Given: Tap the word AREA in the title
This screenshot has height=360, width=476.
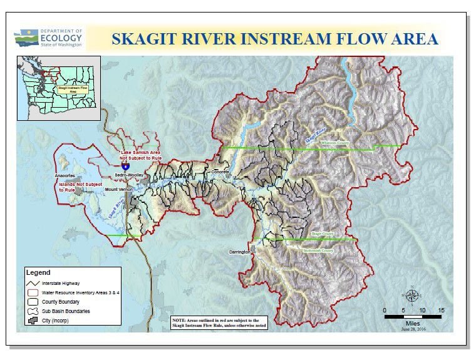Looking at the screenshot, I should pos(410,39).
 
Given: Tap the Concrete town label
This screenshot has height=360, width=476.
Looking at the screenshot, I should pos(220,172).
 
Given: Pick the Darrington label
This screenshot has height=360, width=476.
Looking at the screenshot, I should pos(239,252).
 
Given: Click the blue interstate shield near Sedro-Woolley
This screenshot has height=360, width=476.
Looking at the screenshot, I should pos(125,167).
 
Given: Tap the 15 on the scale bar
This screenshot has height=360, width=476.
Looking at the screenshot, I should pos(441,311).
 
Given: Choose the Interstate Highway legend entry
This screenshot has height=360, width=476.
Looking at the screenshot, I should pos(60,284).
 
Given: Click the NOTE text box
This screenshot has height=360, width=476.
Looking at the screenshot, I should pos(219,323).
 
